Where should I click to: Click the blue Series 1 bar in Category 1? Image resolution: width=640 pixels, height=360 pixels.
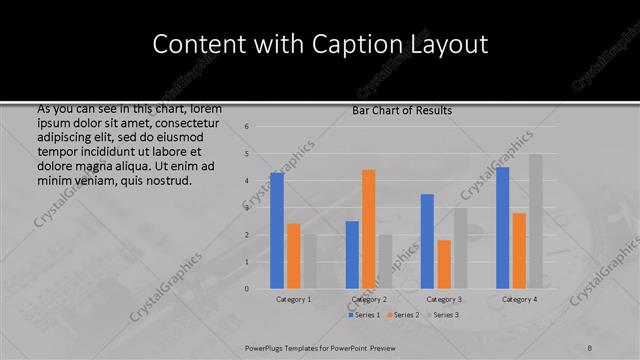coord(277,231)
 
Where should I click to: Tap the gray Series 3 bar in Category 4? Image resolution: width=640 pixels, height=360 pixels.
coord(536,221)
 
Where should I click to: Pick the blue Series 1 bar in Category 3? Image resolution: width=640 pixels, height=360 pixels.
coord(427,241)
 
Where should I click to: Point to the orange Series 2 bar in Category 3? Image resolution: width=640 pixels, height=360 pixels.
coord(443,264)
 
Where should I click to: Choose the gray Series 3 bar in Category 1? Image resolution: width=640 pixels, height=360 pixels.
coord(309,261)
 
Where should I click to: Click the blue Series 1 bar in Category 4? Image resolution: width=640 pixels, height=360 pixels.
coord(502,228)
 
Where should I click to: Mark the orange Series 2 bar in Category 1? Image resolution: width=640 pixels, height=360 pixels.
coord(293,256)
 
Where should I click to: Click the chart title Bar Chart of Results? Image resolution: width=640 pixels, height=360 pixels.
coord(403,110)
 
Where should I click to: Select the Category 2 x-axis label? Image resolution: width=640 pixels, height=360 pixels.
coord(369,299)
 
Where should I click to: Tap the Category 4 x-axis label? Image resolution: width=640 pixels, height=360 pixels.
coord(519,299)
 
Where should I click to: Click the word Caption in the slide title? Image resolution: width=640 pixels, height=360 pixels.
coord(360,44)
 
